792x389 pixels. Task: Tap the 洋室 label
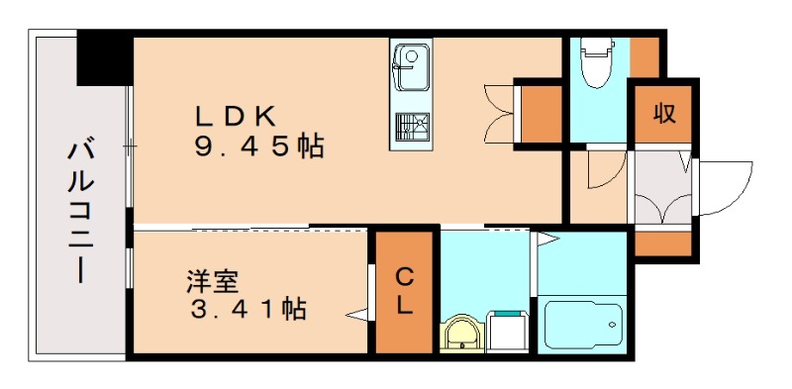tap(212, 280)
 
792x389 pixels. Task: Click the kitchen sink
tap(409, 62)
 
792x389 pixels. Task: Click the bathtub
tap(583, 325)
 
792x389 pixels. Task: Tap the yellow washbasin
tap(461, 334)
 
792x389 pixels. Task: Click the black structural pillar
tap(104, 59)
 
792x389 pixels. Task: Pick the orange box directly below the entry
tap(660, 243)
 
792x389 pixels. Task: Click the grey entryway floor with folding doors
tap(661, 188)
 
